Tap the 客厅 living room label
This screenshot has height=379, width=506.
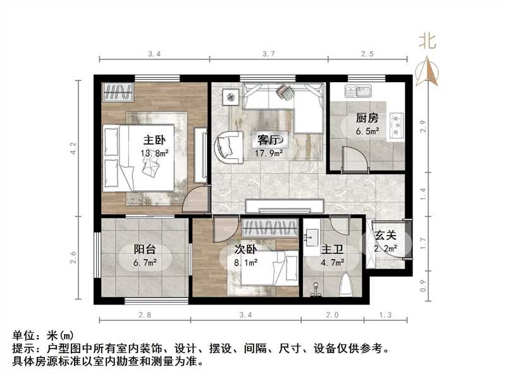266,139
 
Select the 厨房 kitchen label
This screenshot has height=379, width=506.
367,118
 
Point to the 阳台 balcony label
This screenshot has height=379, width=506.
145,249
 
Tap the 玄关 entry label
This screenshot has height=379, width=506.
386,236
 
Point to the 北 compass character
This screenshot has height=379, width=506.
428,42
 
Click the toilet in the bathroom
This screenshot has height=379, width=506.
345,286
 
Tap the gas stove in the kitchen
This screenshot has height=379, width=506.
397,124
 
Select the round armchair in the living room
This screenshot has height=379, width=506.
227,147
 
